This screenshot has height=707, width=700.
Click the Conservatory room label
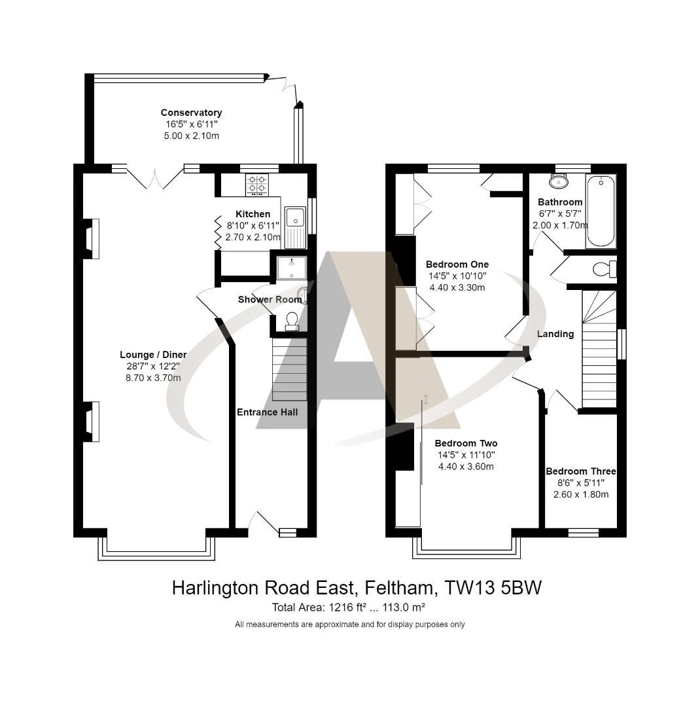pyautogui.click(x=191, y=113)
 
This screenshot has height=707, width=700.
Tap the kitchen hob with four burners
pyautogui.click(x=256, y=185)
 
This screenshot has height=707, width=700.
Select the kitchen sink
pyautogui.click(x=295, y=227)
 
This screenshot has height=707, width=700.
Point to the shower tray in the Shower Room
pyautogui.click(x=290, y=268)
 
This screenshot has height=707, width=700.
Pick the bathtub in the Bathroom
pyautogui.click(x=601, y=211)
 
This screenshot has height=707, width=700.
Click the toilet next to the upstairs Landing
pyautogui.click(x=603, y=268)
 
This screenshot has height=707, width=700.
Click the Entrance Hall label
pyautogui.click(x=267, y=412)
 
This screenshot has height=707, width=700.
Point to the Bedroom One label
pyautogui.click(x=457, y=264)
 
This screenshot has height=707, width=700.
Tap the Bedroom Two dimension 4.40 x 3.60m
pyautogui.click(x=466, y=467)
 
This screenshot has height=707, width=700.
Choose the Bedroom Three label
pyautogui.click(x=581, y=471)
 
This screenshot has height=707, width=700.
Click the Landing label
pyautogui.click(x=555, y=334)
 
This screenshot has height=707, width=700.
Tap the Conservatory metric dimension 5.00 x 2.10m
pyautogui.click(x=191, y=136)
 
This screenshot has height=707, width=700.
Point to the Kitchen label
pyautogui.click(x=253, y=214)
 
